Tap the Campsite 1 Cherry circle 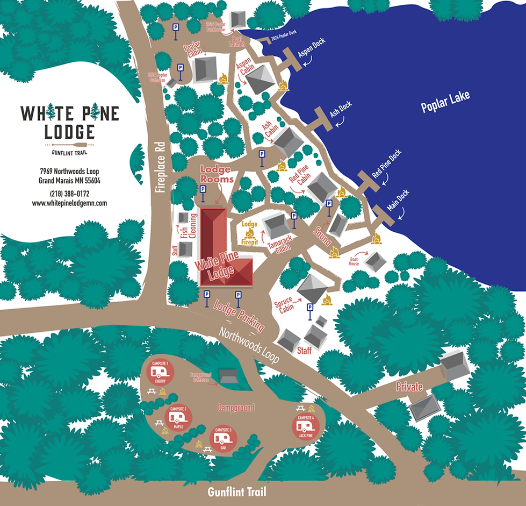pos(160,371)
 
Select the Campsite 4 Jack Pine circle pos(306,425)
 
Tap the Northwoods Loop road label pos(249,344)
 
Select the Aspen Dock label pos(312,53)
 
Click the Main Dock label pos(398,199)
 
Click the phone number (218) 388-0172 pos(69,194)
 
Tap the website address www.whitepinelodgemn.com pos(69,203)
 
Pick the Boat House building pos(374,261)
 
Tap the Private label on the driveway pos(409,386)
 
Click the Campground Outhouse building pos(228,376)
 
